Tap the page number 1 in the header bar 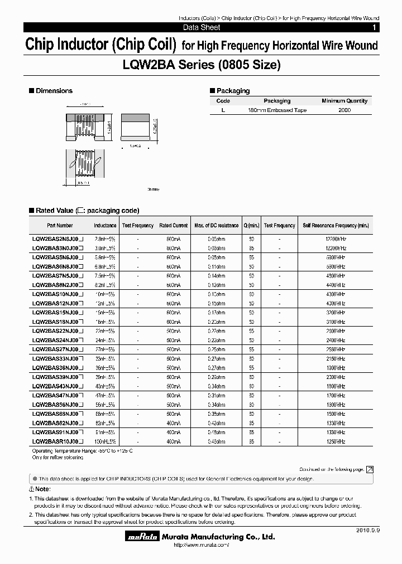[374, 27]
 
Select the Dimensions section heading [54, 91]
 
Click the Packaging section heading [233, 91]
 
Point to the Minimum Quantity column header [344, 101]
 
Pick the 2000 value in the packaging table [344, 110]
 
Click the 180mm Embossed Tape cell [277, 110]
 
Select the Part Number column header [60, 226]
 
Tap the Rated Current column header [173, 226]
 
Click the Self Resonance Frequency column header [336, 226]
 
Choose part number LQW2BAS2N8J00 [58, 238]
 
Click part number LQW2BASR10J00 [58, 441]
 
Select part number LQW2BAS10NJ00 [58, 293]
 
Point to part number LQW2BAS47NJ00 [58, 395]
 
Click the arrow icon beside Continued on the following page [369, 470]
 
